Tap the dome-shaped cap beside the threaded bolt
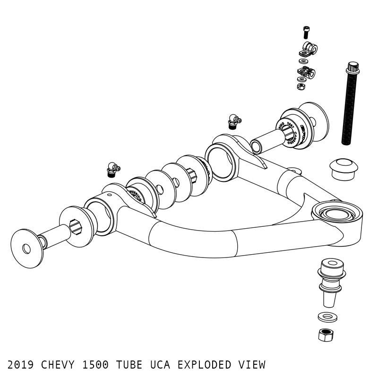(x=344, y=168)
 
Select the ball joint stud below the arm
(x=330, y=281)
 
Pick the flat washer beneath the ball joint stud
(x=327, y=316)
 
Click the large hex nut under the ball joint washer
(x=326, y=334)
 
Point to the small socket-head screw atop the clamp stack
(x=306, y=33)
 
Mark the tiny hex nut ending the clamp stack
(x=301, y=86)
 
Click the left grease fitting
(x=113, y=169)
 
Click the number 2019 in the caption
(x=21, y=365)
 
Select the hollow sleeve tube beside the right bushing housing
(x=265, y=142)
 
